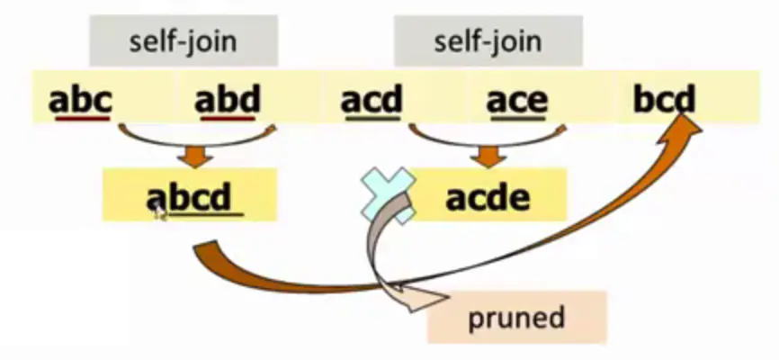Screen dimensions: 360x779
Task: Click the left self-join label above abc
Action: coord(183,41)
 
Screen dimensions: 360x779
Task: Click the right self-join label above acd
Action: coord(488,41)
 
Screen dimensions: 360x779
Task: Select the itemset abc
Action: coord(80,100)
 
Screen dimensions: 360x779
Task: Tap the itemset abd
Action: coord(227,100)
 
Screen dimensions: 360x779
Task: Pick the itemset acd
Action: coord(372,100)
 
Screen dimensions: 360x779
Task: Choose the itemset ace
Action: coord(516,100)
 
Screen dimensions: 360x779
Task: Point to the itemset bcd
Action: coord(664,100)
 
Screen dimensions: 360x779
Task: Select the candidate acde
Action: coord(489,196)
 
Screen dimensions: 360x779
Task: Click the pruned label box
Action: coord(516,317)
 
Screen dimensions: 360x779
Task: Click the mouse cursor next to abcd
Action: coord(158,211)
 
